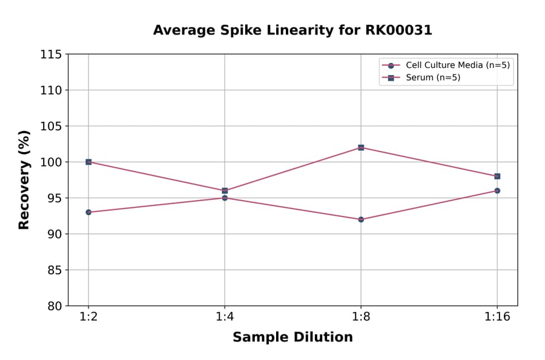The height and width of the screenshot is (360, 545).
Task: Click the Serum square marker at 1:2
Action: [88, 162]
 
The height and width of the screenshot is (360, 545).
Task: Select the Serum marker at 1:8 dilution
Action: [361, 147]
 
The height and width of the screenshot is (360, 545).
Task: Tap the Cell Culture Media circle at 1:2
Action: [88, 212]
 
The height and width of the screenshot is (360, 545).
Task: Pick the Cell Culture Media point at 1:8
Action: [361, 219]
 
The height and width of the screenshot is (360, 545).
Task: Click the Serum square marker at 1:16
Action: [497, 176]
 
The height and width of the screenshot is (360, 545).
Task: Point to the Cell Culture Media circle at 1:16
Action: [497, 191]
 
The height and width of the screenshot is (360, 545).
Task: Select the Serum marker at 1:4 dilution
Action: [225, 191]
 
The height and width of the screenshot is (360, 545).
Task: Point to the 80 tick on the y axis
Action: [54, 306]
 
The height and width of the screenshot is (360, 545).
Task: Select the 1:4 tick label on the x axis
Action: [225, 318]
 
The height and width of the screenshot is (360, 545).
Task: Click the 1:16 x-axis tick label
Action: [497, 318]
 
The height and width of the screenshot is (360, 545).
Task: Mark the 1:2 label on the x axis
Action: [88, 318]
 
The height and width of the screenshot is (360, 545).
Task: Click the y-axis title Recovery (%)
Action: [24, 180]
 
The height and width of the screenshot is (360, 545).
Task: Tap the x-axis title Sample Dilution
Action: [292, 338]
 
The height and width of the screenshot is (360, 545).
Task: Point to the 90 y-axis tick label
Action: [54, 234]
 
